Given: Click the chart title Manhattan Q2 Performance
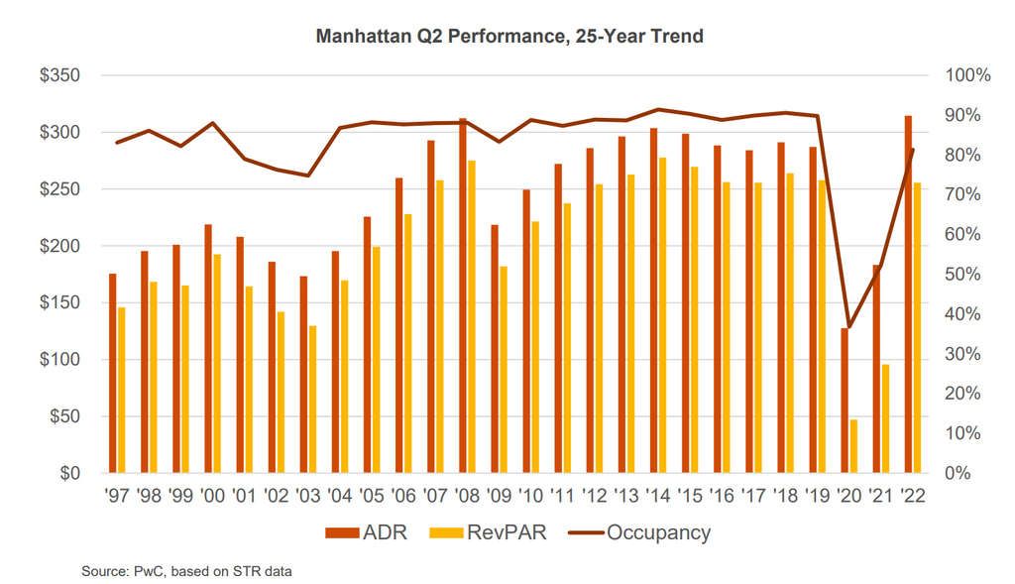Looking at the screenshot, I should click(509, 37).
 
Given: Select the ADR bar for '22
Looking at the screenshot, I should click(909, 294).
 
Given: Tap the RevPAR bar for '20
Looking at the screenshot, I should click(853, 446).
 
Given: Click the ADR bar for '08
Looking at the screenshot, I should click(463, 295).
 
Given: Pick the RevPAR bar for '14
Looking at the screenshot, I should click(662, 315).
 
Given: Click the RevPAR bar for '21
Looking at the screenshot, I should click(885, 418).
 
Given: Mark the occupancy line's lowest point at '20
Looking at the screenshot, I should click(849, 326).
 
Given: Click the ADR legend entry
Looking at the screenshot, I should click(359, 532).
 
